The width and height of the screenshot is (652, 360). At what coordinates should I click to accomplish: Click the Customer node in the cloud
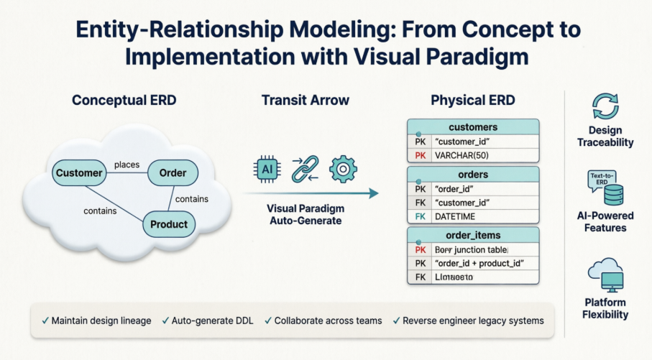79,172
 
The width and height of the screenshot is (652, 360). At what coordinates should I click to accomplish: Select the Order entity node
172,172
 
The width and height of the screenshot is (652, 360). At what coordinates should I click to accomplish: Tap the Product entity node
169,224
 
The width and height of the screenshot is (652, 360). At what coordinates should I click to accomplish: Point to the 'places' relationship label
127,165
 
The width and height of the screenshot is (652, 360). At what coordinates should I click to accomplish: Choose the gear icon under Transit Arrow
343,170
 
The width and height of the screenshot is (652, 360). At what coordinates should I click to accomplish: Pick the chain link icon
305,170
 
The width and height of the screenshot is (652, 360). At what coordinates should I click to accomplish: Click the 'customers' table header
472,126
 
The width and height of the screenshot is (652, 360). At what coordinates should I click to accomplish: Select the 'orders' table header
472,175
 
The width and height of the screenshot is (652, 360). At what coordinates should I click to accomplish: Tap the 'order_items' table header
472,236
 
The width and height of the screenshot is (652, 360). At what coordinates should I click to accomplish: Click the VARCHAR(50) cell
485,154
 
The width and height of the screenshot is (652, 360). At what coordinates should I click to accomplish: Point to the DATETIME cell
485,216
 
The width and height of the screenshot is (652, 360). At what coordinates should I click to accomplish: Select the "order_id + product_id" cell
485,263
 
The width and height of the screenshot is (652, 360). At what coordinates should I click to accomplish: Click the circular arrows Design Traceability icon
605,105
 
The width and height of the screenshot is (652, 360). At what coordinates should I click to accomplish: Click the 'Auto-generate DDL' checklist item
213,320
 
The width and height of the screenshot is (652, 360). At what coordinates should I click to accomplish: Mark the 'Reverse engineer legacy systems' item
468,320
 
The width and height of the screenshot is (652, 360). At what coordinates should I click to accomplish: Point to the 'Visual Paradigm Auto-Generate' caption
305,214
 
